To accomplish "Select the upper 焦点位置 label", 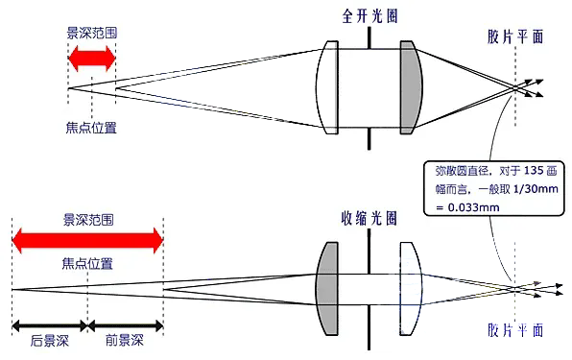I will pos(93,125).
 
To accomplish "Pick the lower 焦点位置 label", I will pos(87,262).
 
